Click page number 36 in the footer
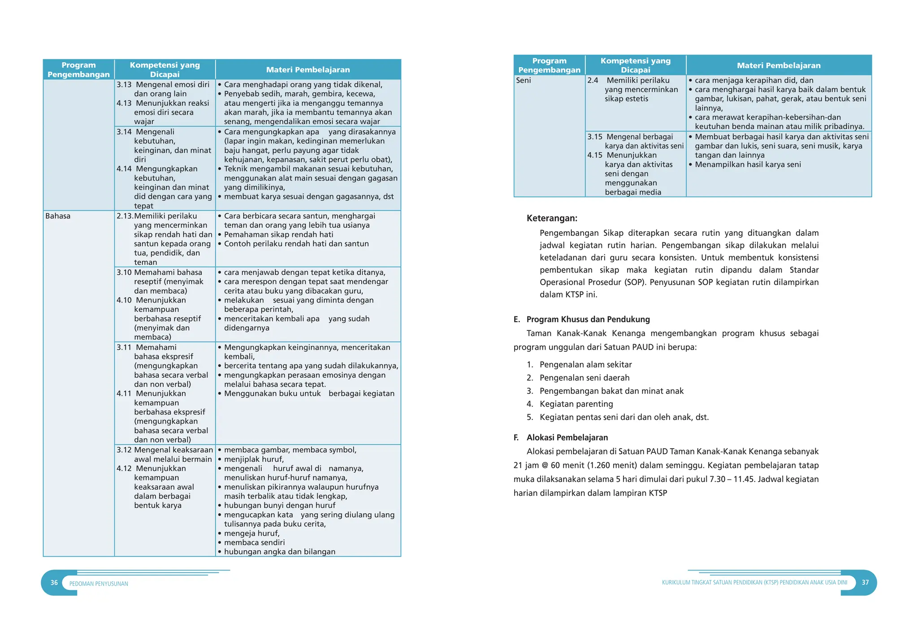point(54,583)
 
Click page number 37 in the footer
point(865,582)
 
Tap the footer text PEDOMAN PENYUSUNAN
point(99,584)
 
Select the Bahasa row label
point(58,216)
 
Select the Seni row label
point(523,80)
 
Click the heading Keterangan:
point(552,218)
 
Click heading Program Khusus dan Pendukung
point(588,319)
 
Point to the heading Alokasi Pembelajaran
point(567,437)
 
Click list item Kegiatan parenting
point(576,404)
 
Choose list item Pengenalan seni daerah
point(585,378)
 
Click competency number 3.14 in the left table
point(124,132)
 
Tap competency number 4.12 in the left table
point(124,468)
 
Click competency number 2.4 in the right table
point(593,80)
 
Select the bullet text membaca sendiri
point(254,542)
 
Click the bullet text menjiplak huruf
point(254,459)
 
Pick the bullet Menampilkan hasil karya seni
point(748,164)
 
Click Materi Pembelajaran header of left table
point(308,69)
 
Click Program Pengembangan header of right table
point(549,65)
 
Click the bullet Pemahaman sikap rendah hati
point(278,234)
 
